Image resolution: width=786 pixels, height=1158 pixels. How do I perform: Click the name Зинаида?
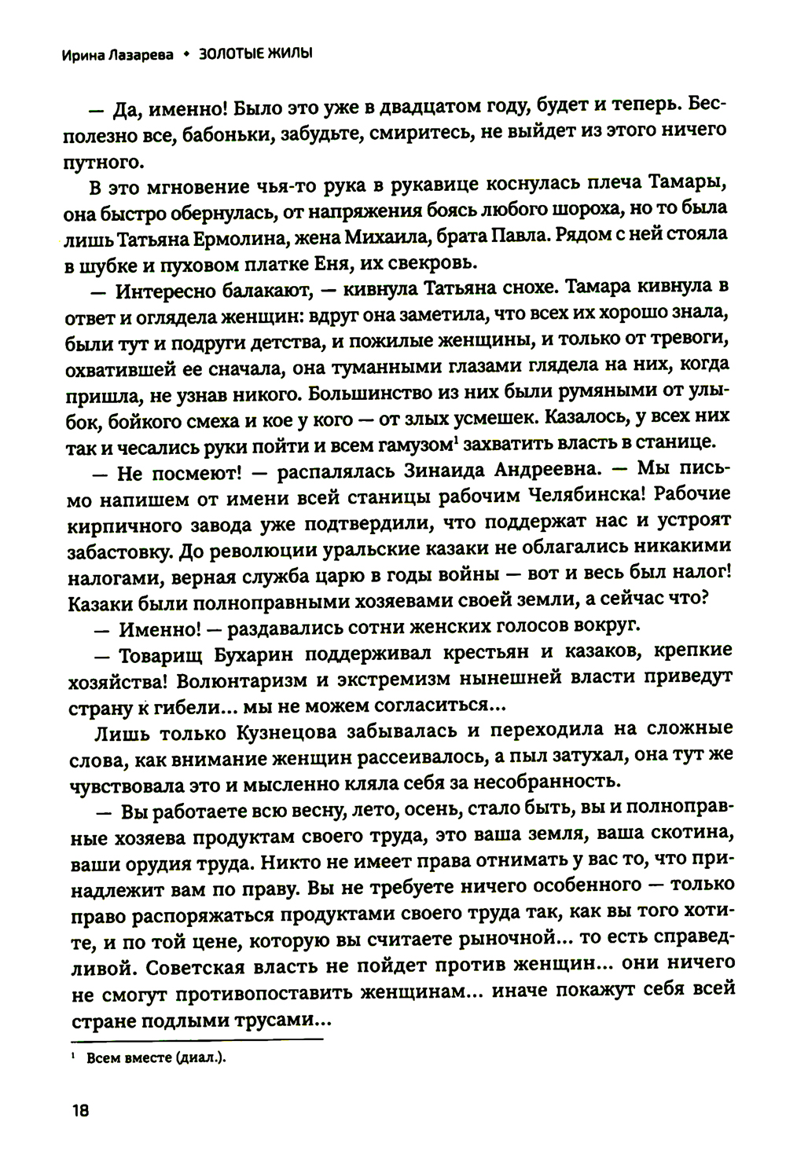[469, 469]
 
